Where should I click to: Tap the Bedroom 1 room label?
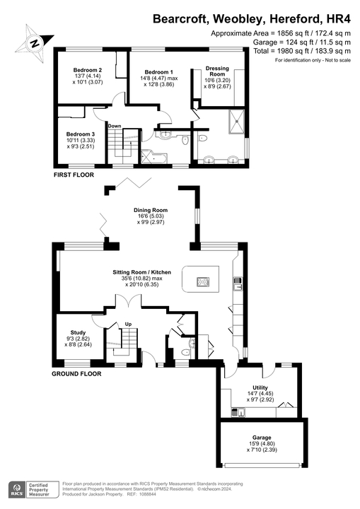158,72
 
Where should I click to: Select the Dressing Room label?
217,69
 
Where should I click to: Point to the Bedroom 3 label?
80,134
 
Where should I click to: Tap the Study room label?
78,332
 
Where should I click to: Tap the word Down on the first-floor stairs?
115,126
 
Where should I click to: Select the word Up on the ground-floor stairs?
128,324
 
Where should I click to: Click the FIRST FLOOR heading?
76,173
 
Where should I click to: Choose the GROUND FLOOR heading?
77,373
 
